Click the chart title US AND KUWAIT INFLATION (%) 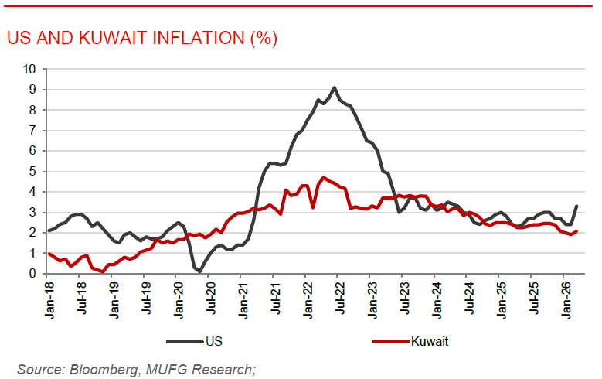point(141,38)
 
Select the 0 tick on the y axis point(32,273)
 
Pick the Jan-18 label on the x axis point(48,298)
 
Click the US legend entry point(215,341)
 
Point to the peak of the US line point(334,87)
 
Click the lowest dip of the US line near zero point(199,271)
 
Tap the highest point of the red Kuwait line point(324,177)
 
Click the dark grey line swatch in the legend point(184,341)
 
